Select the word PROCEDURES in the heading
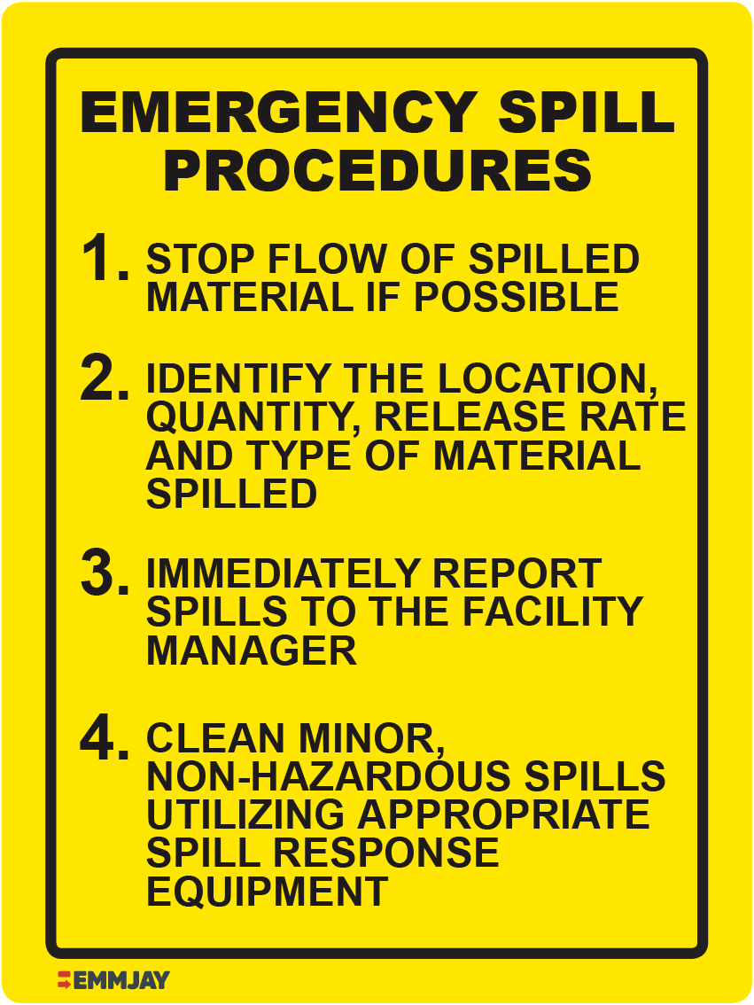coord(377,171)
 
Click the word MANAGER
coord(252,651)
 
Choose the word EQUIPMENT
coord(267,892)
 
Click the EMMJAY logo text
coord(121,980)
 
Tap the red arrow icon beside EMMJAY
coord(64,980)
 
